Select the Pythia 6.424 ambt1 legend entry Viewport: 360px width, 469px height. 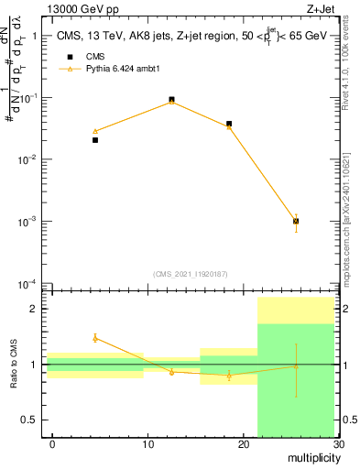pyautogui.click(x=117, y=93)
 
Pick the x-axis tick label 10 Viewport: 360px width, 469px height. pyautogui.click(x=147, y=444)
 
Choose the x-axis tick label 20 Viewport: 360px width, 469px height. pyautogui.click(x=243, y=444)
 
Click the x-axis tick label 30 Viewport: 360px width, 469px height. pyautogui.click(x=337, y=444)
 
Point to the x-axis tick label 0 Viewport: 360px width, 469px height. pyautogui.click(x=52, y=444)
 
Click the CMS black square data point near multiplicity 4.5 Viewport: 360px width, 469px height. pyautogui.click(x=95, y=140)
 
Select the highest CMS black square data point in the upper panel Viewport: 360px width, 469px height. pyautogui.click(x=171, y=99)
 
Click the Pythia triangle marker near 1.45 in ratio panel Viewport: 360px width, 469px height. pyautogui.click(x=95, y=338)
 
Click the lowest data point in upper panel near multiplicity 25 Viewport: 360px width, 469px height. pyautogui.click(x=295, y=221)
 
